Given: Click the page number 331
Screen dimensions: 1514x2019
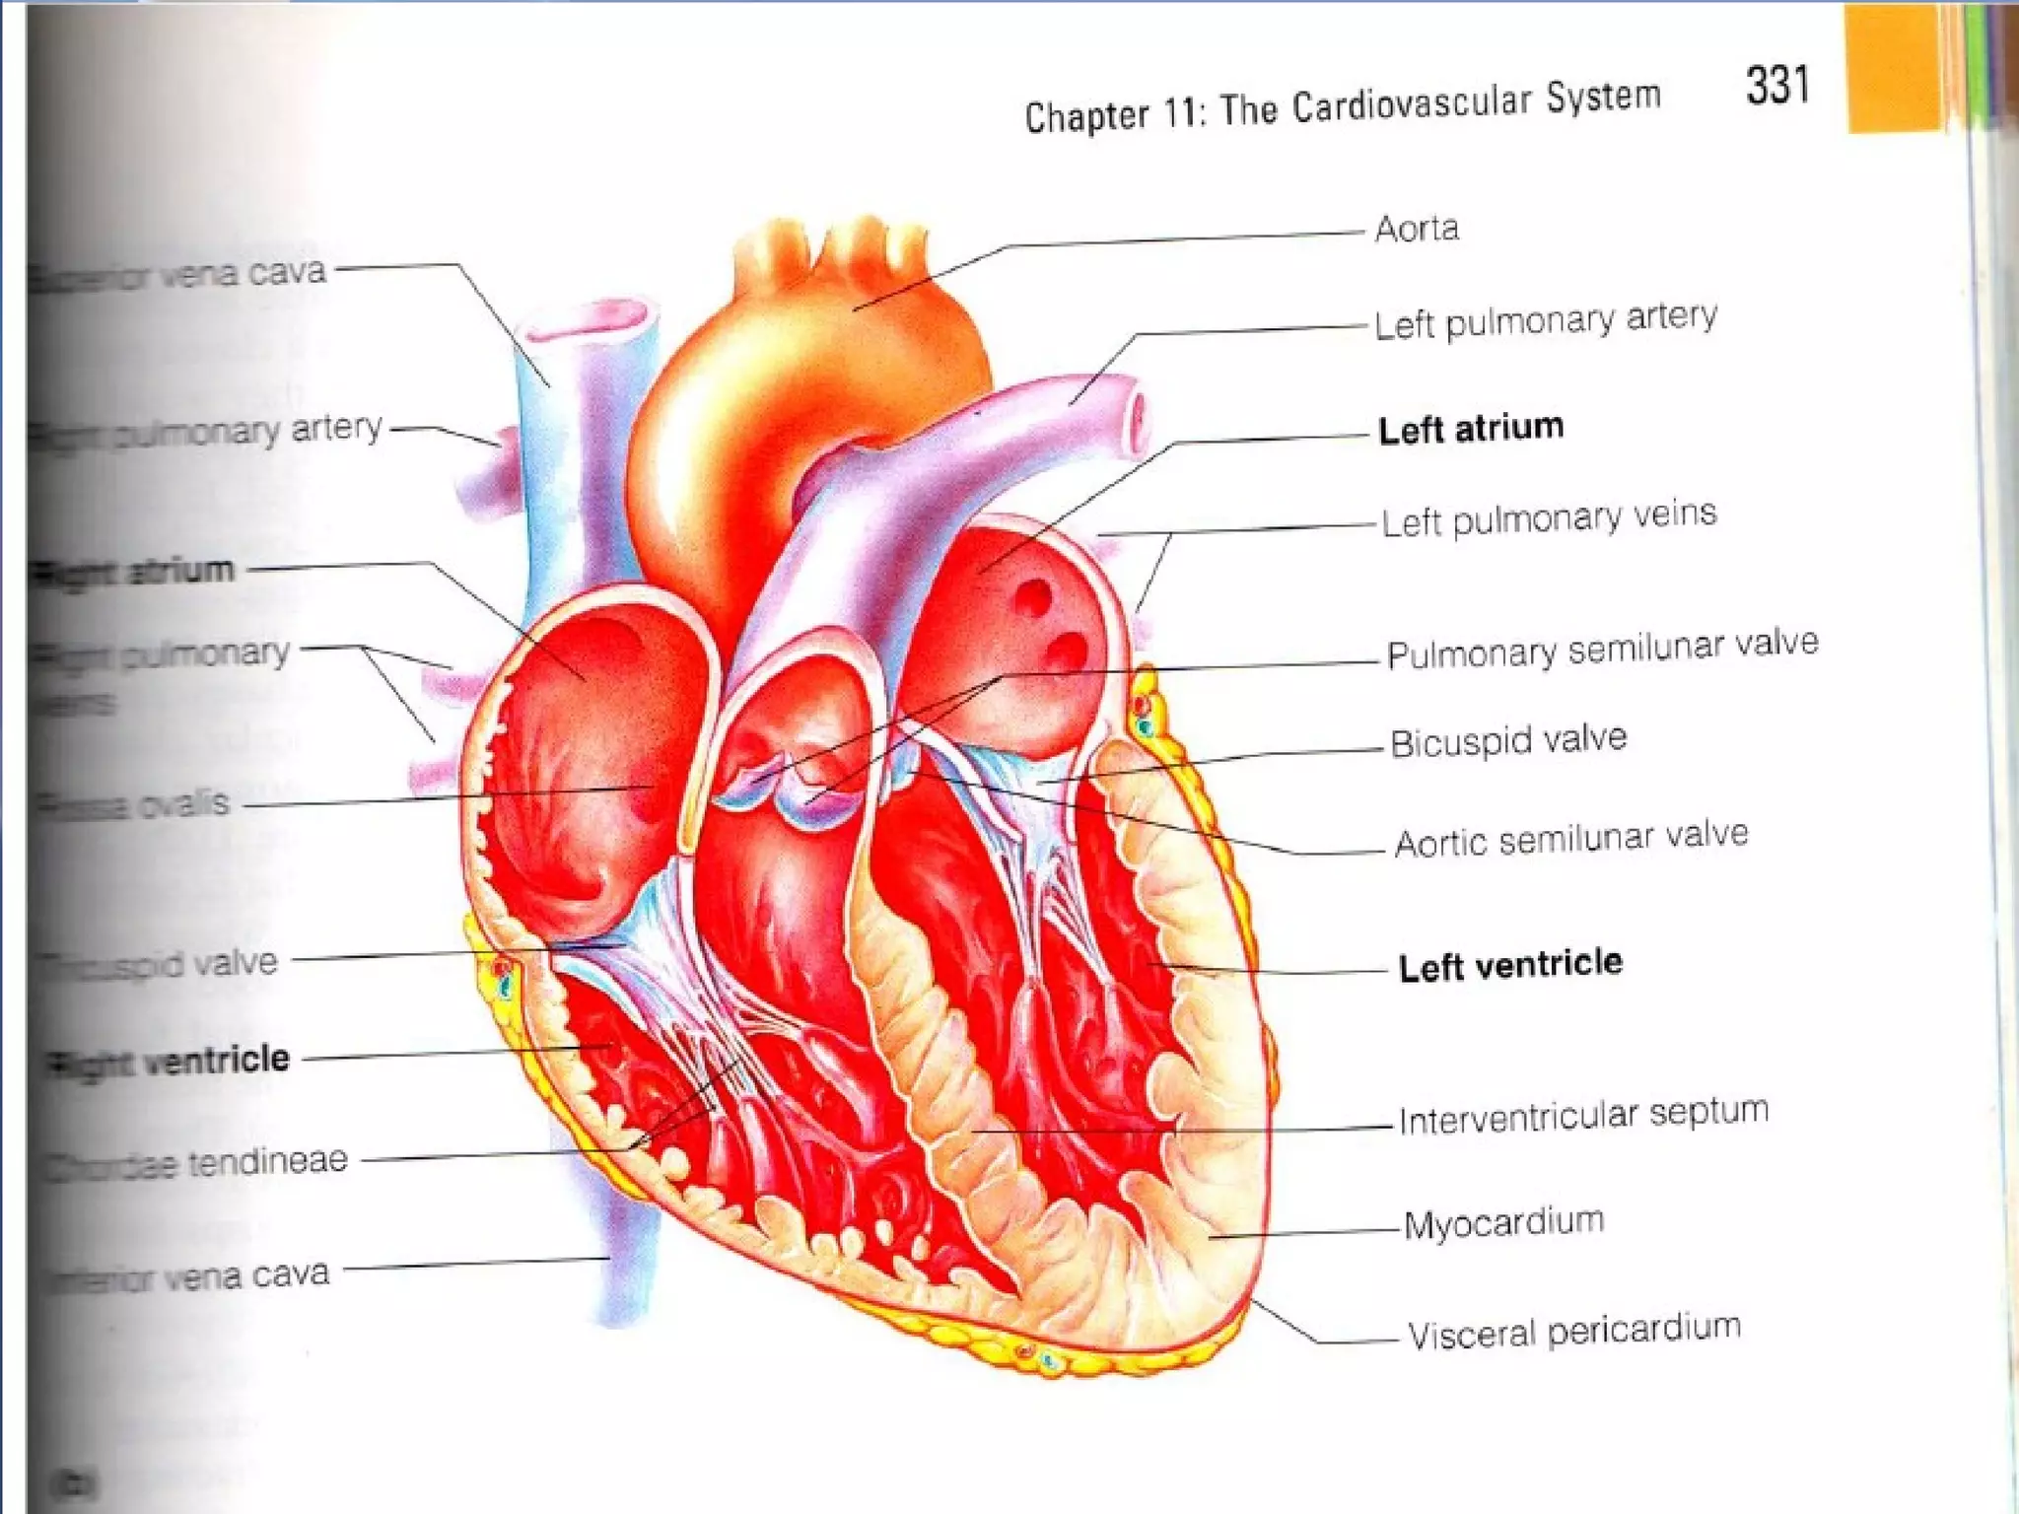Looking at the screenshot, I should click(x=1777, y=85).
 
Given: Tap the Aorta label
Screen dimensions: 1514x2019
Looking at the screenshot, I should click(x=1417, y=229).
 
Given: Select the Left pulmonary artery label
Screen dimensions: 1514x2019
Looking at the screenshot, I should click(x=1545, y=320).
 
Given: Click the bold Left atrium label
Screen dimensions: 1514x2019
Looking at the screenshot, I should click(x=1471, y=429).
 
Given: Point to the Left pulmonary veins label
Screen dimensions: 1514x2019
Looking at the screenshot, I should click(x=1549, y=518).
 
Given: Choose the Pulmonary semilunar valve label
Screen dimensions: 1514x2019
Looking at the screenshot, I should click(x=1602, y=650).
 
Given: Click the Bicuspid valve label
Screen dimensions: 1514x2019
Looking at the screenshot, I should click(x=1508, y=741).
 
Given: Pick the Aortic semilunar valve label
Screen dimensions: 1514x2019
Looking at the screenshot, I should click(x=1571, y=840).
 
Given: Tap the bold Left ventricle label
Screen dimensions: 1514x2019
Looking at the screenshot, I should click(x=1510, y=965).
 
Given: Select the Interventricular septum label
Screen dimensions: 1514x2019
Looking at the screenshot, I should click(x=1583, y=1116).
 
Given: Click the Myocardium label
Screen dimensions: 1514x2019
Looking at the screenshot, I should click(x=1503, y=1224).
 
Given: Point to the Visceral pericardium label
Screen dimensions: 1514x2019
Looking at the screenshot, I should click(x=1573, y=1332).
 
